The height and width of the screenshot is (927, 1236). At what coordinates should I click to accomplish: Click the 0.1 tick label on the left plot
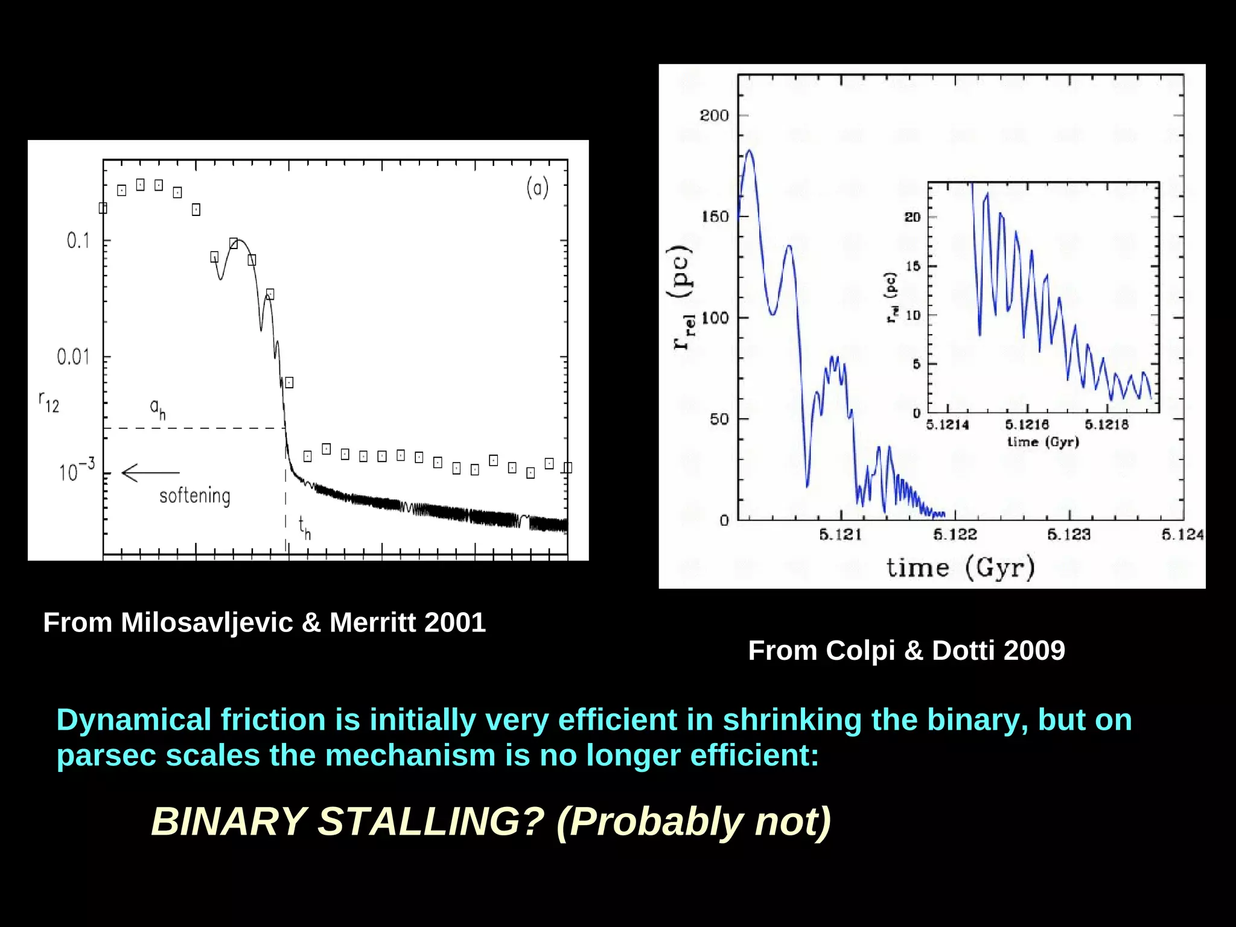[x=78, y=241]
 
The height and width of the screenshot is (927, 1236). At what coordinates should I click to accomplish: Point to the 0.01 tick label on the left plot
[x=73, y=357]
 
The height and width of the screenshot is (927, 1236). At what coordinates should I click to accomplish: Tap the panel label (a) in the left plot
[x=537, y=188]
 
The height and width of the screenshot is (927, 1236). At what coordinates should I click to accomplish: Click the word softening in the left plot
[x=194, y=496]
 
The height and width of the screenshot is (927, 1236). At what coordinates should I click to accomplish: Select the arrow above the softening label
[x=150, y=472]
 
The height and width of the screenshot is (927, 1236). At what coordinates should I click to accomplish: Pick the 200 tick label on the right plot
[x=714, y=115]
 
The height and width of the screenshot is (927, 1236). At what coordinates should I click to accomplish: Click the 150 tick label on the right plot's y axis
[x=715, y=217]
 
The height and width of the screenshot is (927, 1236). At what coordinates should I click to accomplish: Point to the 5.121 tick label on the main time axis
[x=841, y=534]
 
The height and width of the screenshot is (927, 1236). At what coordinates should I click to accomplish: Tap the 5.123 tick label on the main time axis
[x=1069, y=534]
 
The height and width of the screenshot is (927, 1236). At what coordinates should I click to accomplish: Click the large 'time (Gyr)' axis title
[x=960, y=568]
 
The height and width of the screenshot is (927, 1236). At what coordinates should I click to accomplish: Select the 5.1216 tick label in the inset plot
[x=1027, y=425]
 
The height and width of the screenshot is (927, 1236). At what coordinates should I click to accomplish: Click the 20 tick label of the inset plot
[x=913, y=217]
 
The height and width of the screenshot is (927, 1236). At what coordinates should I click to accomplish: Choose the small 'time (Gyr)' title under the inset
[x=1043, y=441]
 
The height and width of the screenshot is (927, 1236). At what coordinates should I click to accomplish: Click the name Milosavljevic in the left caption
[x=206, y=622]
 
